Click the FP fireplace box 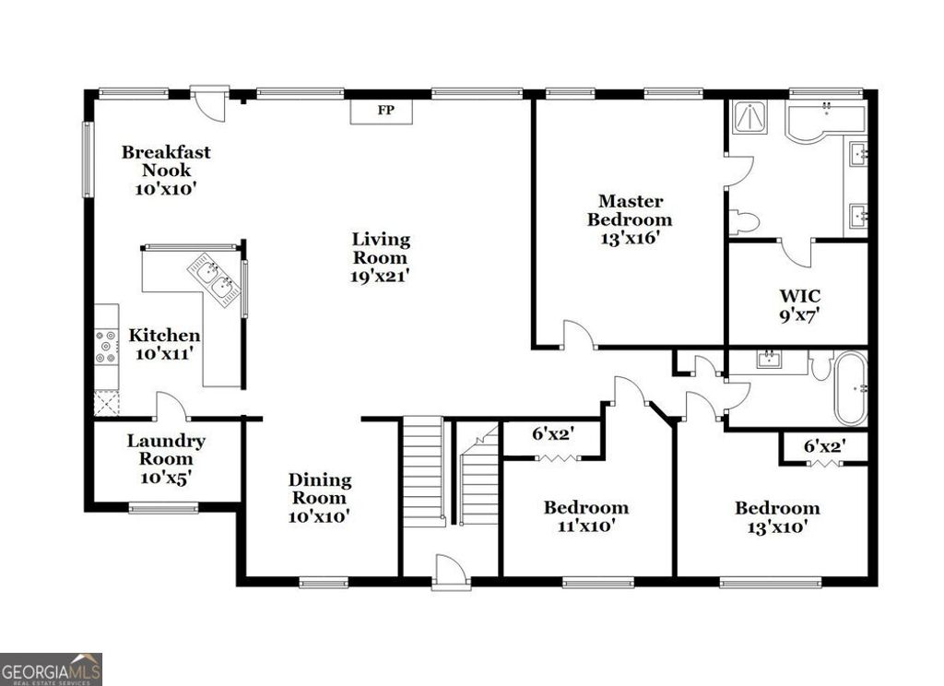coord(381,111)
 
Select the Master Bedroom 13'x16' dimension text coord(630,237)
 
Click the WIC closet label coord(798,296)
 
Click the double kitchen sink coord(214,278)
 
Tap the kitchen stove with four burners coord(107,346)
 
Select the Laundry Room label coord(166,450)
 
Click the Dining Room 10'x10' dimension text coord(319,517)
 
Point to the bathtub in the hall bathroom coord(850,388)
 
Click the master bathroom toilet coord(743,222)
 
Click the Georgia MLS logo coord(51,668)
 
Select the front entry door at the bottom coord(452,572)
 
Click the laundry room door coord(171,407)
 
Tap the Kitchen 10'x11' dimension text coord(163,353)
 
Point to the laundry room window coord(163,507)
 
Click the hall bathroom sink coord(770,359)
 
